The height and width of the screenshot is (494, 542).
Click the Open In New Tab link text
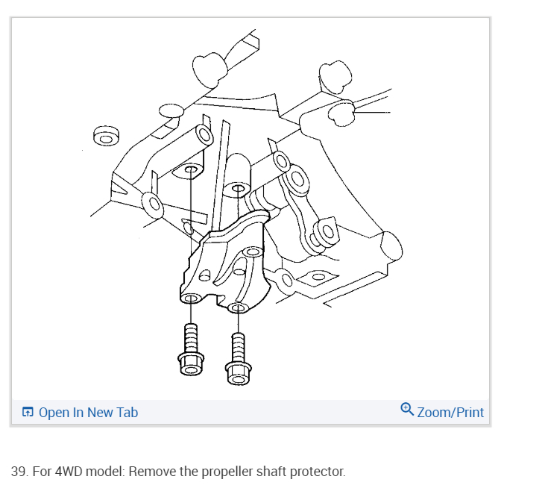[x=88, y=412]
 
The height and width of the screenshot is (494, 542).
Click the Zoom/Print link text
[x=450, y=412]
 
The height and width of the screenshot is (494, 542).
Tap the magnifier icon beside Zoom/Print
[x=407, y=409]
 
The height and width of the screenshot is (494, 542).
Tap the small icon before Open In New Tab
[x=28, y=412]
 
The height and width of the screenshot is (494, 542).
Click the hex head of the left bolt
[x=189, y=364]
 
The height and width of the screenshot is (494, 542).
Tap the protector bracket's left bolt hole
[x=189, y=299]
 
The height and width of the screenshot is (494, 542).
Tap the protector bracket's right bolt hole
[x=238, y=307]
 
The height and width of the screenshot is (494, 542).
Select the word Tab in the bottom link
[x=127, y=412]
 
